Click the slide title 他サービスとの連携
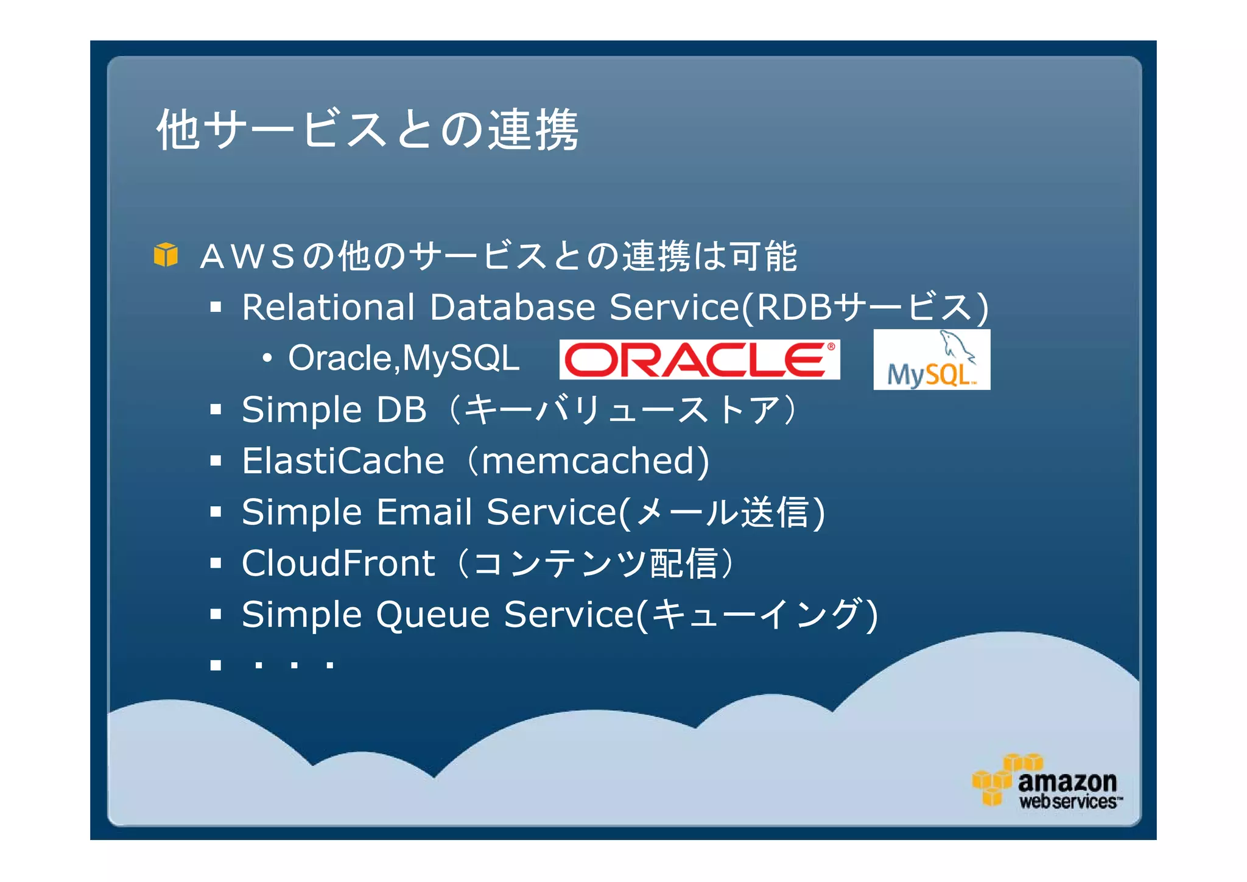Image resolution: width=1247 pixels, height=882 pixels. [x=367, y=129]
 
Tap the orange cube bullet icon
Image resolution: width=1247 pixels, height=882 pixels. [x=166, y=255]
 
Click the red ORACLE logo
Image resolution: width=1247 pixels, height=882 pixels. [x=699, y=359]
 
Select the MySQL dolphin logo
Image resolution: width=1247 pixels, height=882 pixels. [x=931, y=360]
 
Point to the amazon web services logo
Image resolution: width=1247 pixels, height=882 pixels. [x=1047, y=782]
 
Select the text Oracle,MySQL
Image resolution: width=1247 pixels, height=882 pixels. [x=404, y=358]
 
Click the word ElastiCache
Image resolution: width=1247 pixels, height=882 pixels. [x=343, y=460]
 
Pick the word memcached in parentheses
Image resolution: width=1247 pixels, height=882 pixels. [x=588, y=460]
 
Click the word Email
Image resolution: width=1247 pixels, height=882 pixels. [x=424, y=512]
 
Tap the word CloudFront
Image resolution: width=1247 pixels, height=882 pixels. [x=338, y=563]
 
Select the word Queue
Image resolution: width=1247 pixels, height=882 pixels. [x=433, y=614]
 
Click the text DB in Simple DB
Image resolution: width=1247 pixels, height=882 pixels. [x=402, y=409]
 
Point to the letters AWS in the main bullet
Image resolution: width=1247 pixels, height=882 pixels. [x=247, y=256]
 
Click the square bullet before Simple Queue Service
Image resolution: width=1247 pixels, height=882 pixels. [x=216, y=614]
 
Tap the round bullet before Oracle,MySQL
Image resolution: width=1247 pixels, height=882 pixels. [x=267, y=358]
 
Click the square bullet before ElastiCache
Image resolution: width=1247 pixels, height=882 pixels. [x=216, y=460]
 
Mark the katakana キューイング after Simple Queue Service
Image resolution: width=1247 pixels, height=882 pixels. [x=759, y=614]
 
